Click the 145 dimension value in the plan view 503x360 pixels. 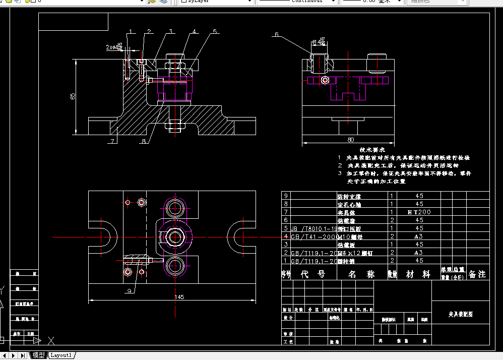pyautogui.click(x=179, y=297)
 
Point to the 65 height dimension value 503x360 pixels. pyautogui.click(x=73, y=96)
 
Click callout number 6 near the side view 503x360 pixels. pyautogui.click(x=276, y=35)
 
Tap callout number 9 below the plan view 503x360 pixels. pyautogui.click(x=129, y=291)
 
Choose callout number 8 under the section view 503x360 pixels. pyautogui.click(x=144, y=141)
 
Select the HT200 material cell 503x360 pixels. pyautogui.click(x=419, y=212)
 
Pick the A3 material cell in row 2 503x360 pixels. pyautogui.click(x=419, y=253)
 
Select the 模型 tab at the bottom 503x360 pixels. pyautogui.click(x=39, y=355)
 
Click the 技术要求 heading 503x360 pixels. pyautogui.click(x=372, y=150)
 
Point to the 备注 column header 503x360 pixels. pyautogui.click(x=477, y=274)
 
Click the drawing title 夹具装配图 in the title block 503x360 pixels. pyautogui.click(x=461, y=314)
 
